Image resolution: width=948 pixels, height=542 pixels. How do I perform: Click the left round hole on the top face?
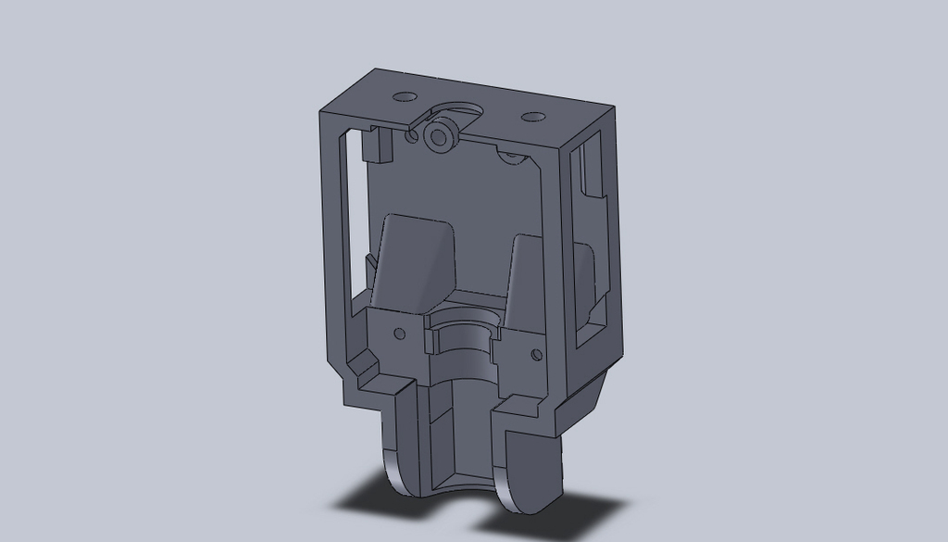pos(405,96)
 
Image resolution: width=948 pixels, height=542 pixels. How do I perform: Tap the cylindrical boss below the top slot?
pos(439,136)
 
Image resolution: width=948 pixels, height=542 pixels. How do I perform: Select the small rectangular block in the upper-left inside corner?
pos(375,144)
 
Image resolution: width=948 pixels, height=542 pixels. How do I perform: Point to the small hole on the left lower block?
pos(400,333)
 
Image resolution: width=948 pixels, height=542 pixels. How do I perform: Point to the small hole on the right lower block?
pos(535,354)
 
